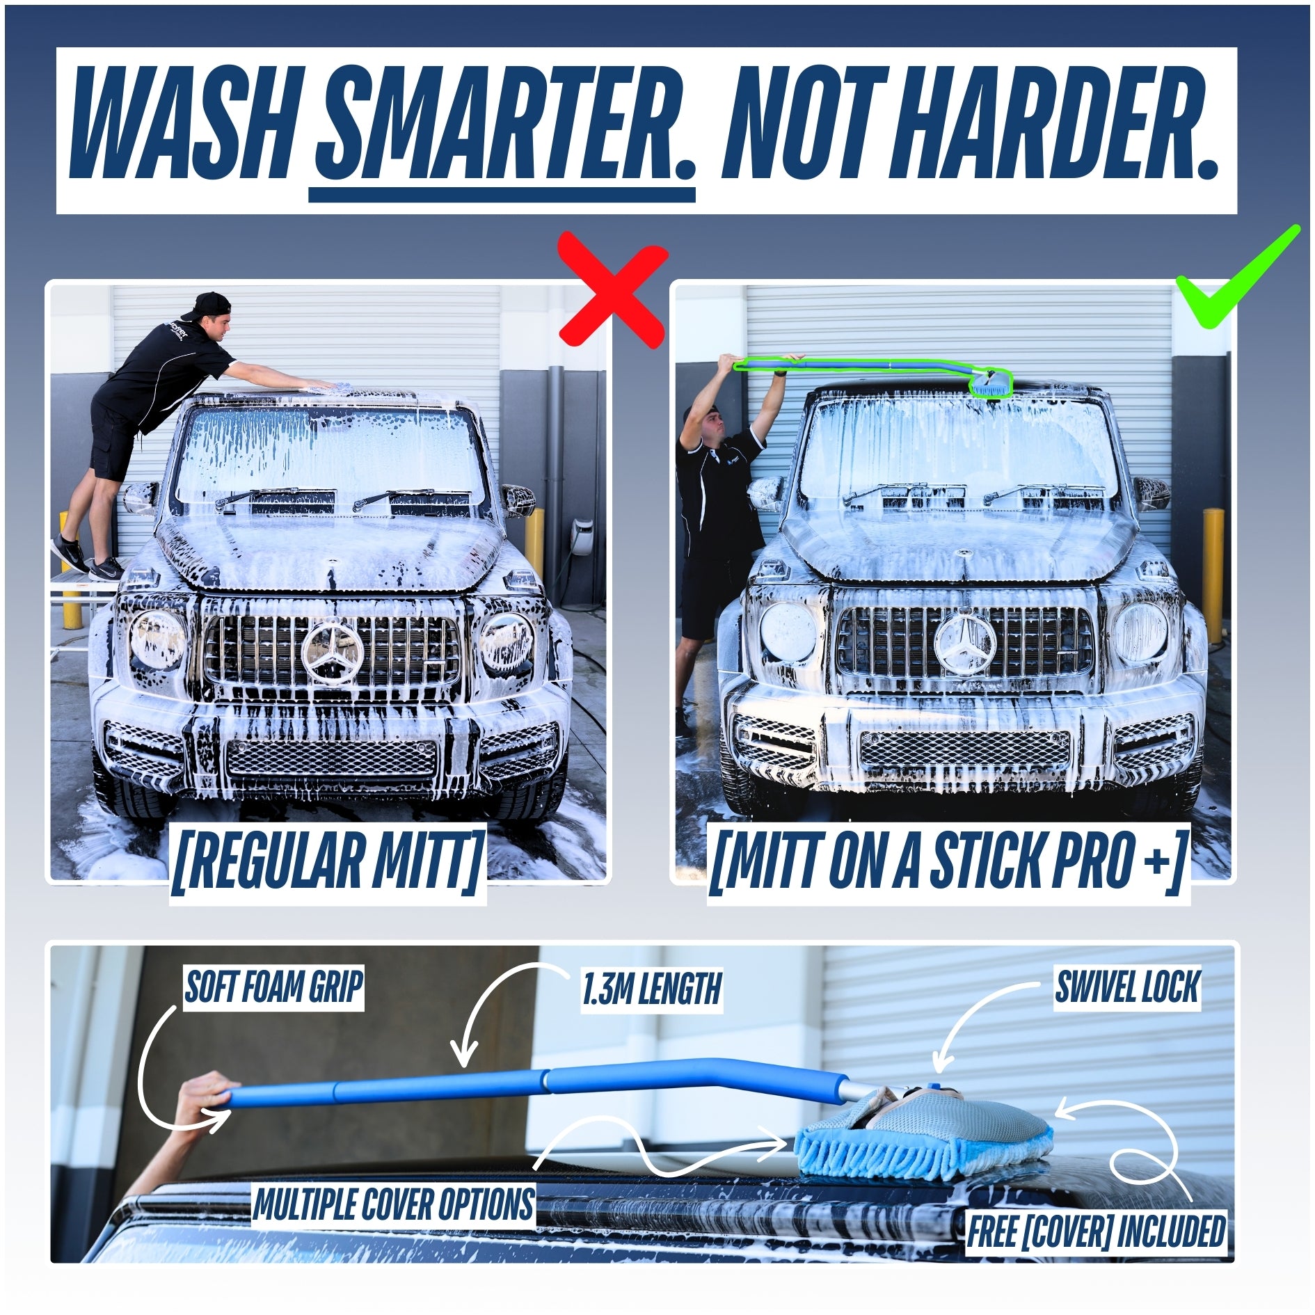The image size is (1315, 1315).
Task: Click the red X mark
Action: (x=613, y=289)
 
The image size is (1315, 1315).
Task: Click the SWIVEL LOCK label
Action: (x=1127, y=987)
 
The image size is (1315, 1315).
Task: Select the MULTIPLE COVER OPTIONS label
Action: (x=394, y=1204)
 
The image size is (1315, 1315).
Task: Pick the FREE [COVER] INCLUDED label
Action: (x=1096, y=1231)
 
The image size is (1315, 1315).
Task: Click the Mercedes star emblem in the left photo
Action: (x=333, y=651)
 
